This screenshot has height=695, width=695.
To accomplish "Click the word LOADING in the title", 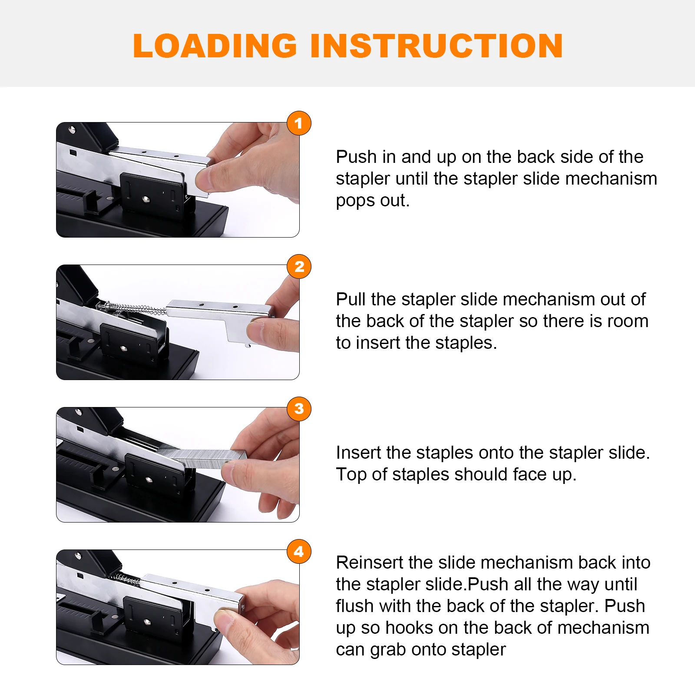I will (x=215, y=46).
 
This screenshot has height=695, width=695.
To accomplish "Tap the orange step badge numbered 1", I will (x=299, y=123).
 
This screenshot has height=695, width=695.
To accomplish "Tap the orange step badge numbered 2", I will (x=299, y=266).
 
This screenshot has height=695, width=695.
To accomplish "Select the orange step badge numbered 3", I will (x=299, y=409).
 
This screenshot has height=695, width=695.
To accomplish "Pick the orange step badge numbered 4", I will (x=299, y=552).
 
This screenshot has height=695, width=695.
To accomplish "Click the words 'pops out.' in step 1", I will (x=372, y=201).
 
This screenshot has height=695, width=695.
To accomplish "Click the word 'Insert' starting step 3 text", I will (x=358, y=453).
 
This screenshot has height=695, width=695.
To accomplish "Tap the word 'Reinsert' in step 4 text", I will (x=369, y=563).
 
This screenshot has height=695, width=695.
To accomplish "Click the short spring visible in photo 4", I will (x=126, y=579).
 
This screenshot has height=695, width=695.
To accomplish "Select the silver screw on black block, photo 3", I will (x=149, y=480).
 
